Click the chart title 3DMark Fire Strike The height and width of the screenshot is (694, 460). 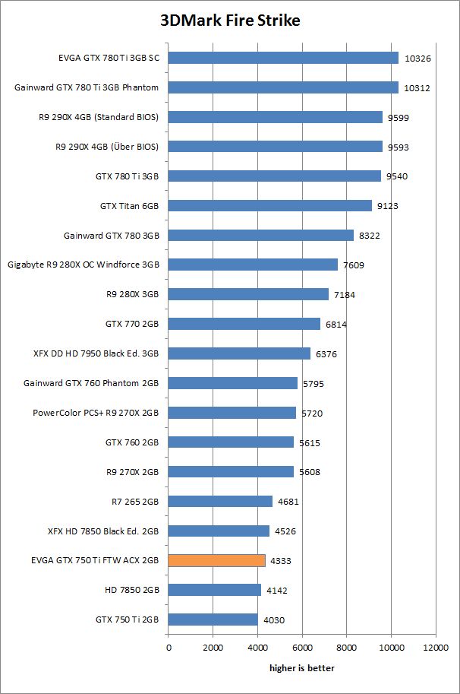[x=230, y=21]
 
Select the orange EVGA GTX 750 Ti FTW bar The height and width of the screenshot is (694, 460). [x=216, y=560]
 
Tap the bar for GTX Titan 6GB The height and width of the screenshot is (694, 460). [x=269, y=205]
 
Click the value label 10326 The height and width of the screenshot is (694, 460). [x=417, y=58]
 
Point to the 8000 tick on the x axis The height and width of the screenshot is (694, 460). [x=347, y=648]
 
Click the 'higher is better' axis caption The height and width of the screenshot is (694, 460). [x=302, y=668]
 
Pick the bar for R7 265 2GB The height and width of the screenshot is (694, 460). [x=220, y=501]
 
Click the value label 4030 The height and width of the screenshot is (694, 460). [x=275, y=620]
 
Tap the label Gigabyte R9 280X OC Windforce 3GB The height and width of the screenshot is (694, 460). [x=83, y=265]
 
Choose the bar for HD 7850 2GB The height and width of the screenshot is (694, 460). [x=214, y=590]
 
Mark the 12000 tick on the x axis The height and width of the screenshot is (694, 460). [x=436, y=648]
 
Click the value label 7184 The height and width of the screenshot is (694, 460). [x=345, y=294]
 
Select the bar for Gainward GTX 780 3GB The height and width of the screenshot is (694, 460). [x=260, y=235]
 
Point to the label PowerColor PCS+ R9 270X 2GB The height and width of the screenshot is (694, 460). [x=96, y=413]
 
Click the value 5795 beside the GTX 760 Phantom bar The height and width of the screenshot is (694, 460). [x=313, y=383]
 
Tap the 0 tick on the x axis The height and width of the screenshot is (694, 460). [x=169, y=648]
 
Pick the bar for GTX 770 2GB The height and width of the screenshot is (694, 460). [x=244, y=324]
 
